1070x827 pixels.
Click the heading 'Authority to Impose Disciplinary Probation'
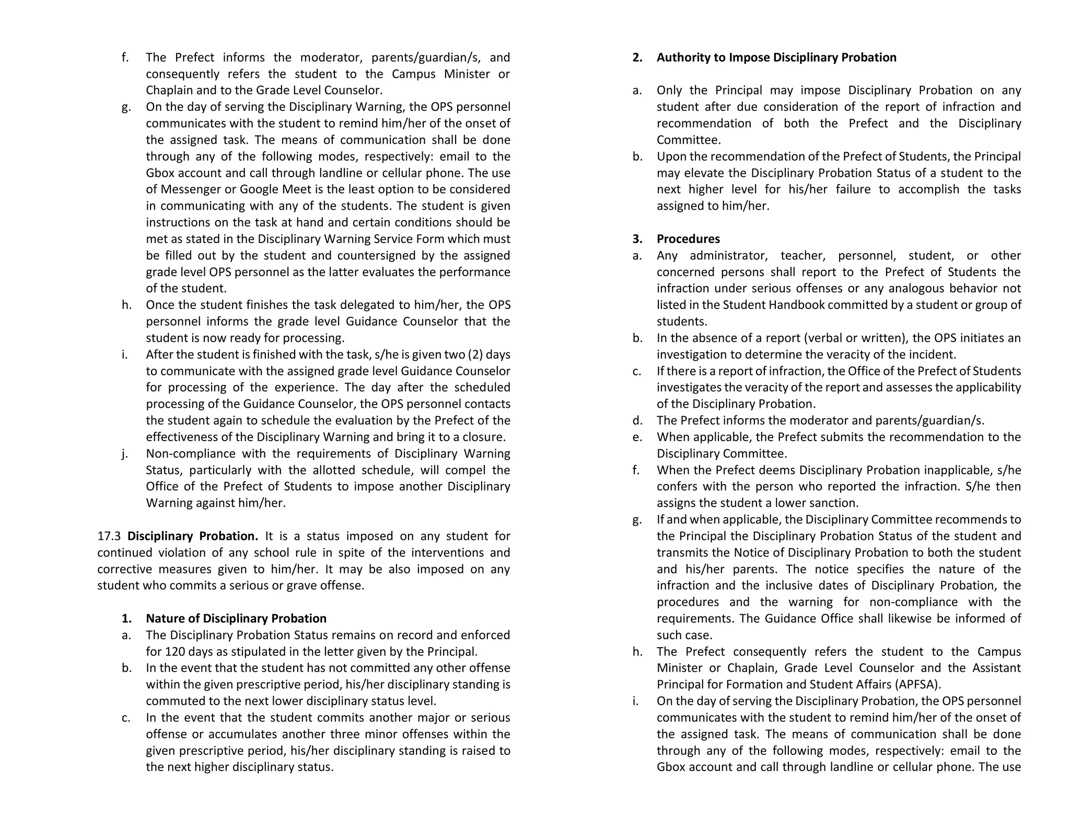776,58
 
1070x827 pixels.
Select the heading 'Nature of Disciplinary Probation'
236,618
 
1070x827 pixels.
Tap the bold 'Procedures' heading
688,239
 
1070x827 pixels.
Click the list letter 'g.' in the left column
126,107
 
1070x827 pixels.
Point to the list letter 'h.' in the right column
637,652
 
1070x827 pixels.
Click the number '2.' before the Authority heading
637,58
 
